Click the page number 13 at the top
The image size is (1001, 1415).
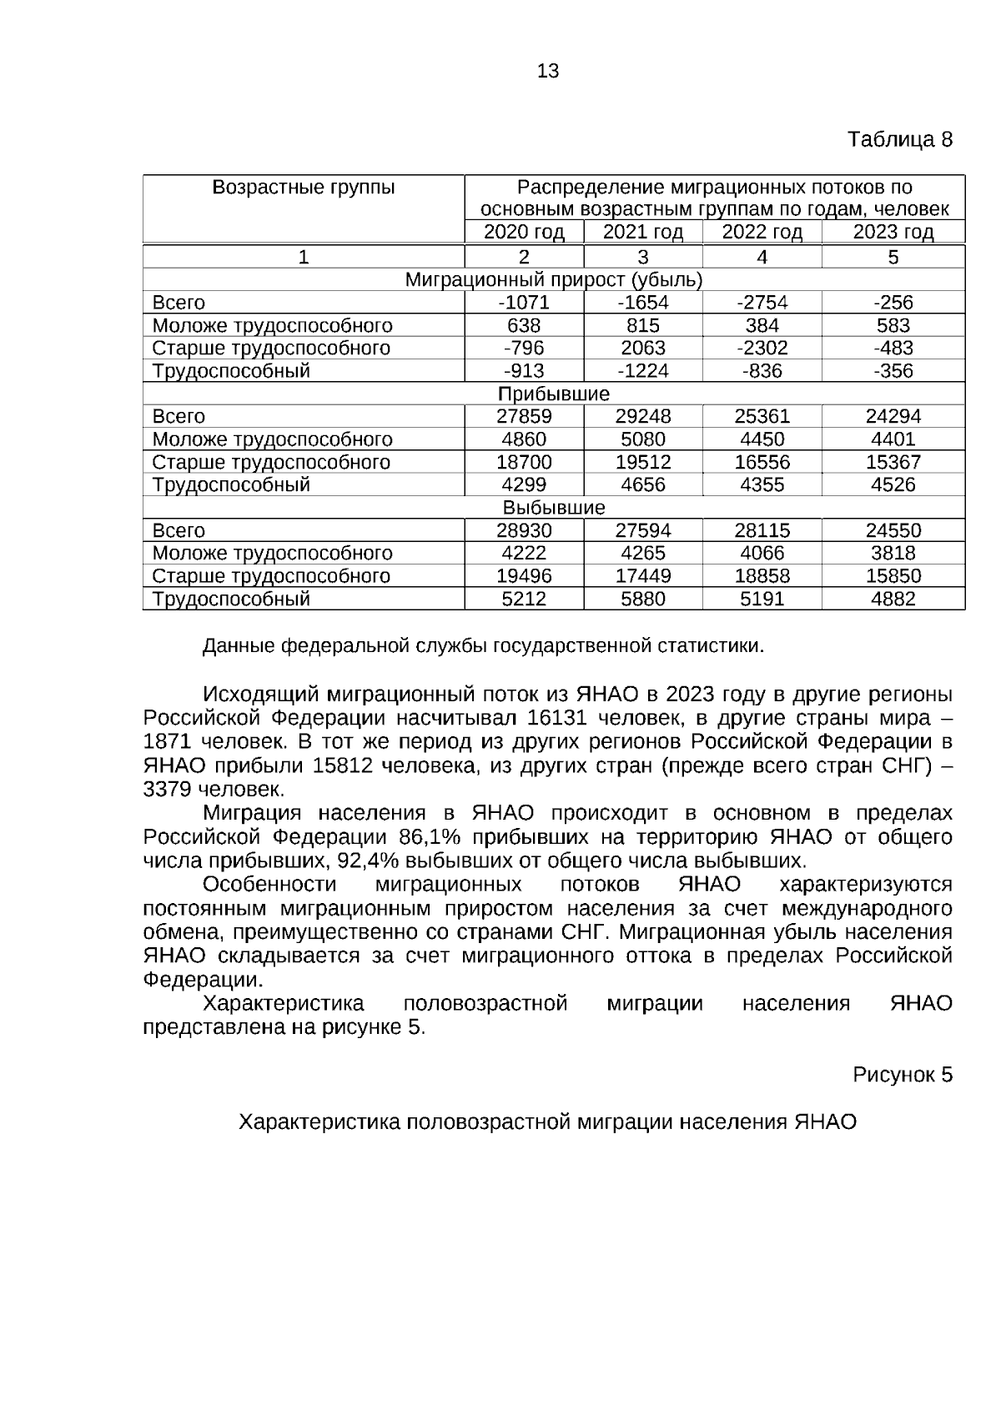click(548, 72)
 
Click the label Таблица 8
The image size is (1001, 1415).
click(899, 139)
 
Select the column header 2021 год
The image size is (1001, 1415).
click(642, 232)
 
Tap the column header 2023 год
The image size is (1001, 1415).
click(893, 232)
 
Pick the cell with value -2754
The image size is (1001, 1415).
click(762, 303)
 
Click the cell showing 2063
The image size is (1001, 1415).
click(642, 348)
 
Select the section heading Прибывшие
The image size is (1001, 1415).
click(553, 394)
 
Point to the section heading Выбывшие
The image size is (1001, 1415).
click(553, 508)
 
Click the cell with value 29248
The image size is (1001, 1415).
click(642, 416)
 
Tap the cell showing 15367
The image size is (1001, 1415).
click(893, 462)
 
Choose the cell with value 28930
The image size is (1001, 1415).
click(524, 530)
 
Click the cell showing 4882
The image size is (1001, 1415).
click(893, 599)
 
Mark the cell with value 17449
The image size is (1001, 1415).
click(642, 576)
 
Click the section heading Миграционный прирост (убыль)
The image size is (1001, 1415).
click(553, 280)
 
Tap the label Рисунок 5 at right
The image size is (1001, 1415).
click(902, 1075)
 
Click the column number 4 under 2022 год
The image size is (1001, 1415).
click(762, 257)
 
